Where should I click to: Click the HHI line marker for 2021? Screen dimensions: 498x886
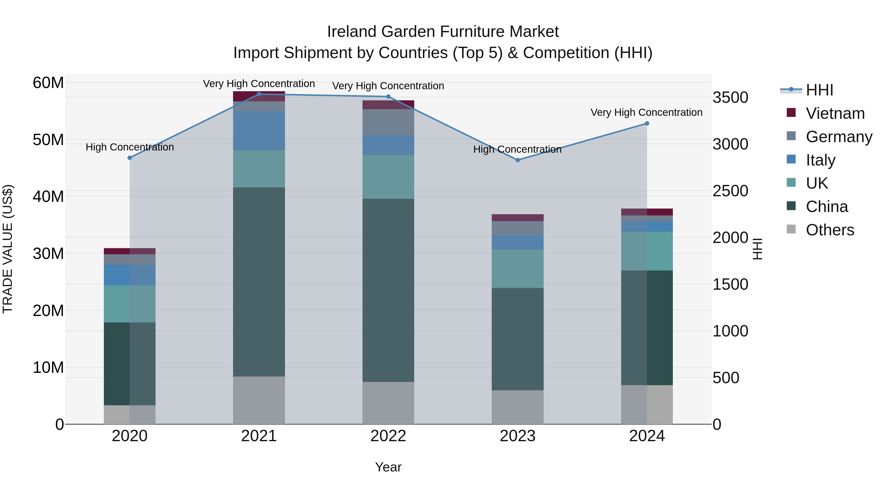click(259, 94)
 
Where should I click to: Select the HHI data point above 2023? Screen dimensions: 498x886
click(518, 160)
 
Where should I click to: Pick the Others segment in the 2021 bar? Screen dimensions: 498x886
click(259, 400)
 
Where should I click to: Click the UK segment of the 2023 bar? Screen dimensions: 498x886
click(518, 269)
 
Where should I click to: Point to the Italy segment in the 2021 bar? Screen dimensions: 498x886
click(259, 131)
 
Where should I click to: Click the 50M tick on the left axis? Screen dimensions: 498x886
click(48, 140)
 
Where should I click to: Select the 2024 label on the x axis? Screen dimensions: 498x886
click(647, 436)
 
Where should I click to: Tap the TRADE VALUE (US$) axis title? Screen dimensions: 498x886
click(8, 249)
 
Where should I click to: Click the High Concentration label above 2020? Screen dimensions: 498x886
click(130, 147)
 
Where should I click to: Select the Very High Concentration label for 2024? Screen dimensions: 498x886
click(646, 112)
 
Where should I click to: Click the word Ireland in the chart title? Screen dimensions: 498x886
click(351, 32)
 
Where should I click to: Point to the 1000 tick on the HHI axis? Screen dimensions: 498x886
click(730, 331)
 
